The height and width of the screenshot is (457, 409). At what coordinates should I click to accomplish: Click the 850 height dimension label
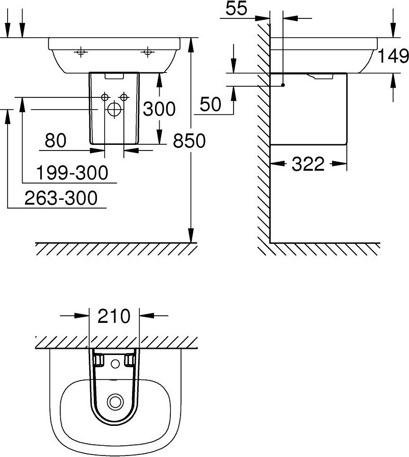click(189, 141)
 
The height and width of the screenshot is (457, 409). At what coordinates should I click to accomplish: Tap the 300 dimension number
click(159, 109)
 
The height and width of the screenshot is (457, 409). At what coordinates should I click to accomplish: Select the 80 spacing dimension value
click(56, 140)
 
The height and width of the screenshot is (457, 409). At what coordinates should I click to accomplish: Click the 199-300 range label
click(72, 172)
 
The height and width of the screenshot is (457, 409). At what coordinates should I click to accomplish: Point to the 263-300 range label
click(61, 198)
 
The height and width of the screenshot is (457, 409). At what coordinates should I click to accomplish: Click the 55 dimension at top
click(236, 8)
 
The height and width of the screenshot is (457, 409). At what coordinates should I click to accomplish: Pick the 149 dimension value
click(393, 56)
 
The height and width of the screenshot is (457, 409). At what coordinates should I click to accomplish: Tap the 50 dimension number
click(211, 104)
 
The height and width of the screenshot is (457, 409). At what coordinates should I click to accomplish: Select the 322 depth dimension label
click(308, 164)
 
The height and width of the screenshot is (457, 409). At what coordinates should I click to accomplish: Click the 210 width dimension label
click(114, 316)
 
